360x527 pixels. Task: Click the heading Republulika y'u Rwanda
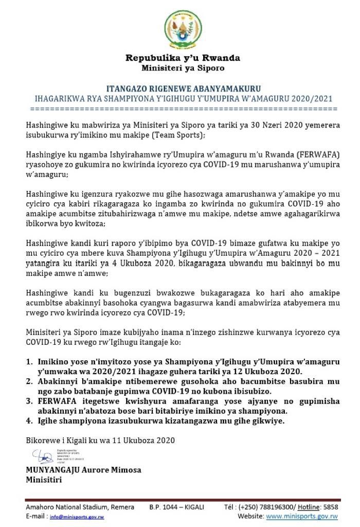183,58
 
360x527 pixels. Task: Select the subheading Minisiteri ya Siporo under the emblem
183,68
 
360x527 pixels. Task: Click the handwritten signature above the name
41,455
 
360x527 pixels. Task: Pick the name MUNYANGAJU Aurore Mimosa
83,470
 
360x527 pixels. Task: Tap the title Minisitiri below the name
44,480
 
